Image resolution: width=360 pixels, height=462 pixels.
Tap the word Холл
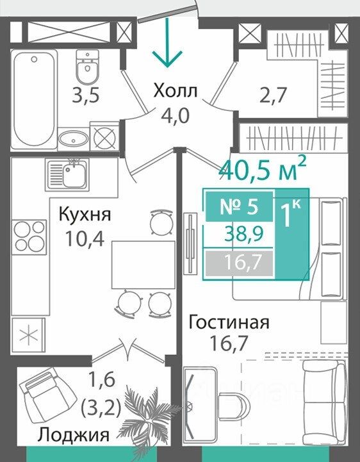(176, 91)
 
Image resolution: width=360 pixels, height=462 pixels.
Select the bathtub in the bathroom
(34, 100)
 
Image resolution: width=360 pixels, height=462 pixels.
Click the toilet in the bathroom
(87, 66)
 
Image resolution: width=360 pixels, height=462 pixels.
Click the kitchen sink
(67, 174)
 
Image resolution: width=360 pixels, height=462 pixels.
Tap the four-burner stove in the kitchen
(29, 237)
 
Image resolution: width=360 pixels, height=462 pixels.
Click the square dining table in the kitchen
(143, 264)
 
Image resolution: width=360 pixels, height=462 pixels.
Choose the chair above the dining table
(161, 222)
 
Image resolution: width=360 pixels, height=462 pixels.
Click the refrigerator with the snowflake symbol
(29, 335)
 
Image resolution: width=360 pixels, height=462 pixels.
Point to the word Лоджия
(74, 434)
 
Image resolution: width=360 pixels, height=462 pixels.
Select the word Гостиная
(229, 322)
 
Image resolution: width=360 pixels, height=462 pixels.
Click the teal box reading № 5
(239, 206)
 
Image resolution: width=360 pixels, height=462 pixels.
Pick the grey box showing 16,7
(239, 263)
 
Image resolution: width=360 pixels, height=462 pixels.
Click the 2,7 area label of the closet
(273, 95)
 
